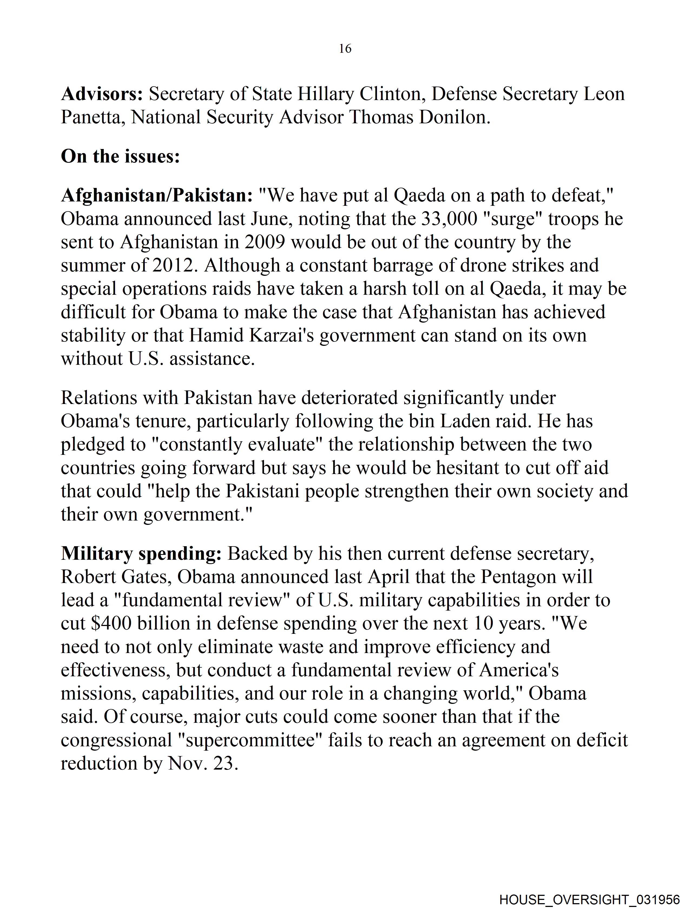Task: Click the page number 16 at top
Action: click(x=345, y=49)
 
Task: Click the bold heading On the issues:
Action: click(x=120, y=157)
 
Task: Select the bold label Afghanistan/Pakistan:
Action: click(x=157, y=196)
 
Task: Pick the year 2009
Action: click(x=265, y=242)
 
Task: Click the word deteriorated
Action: click(x=350, y=398)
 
